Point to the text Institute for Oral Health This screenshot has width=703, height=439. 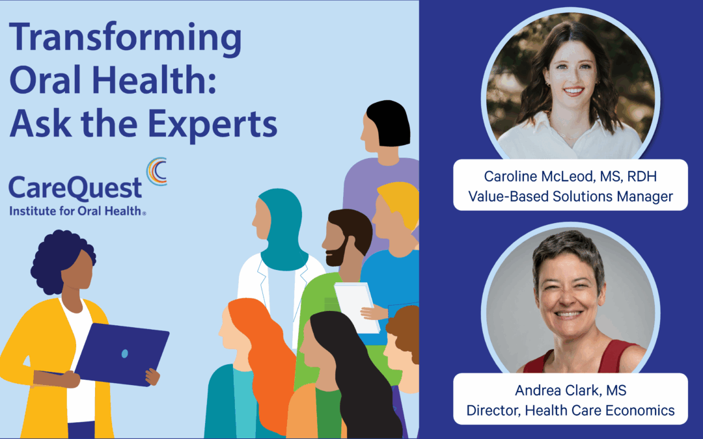tap(77, 211)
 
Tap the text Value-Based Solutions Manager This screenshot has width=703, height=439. tap(570, 196)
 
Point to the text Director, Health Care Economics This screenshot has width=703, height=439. tap(570, 410)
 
